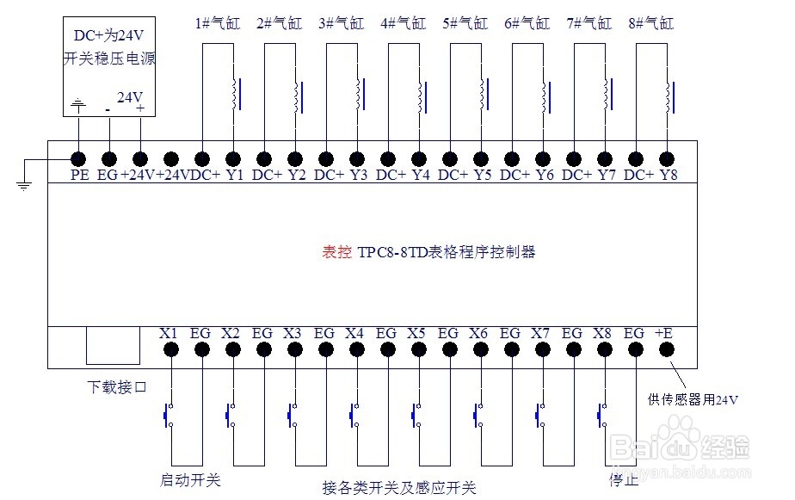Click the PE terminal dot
tap(78, 158)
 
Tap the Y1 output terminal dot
tap(233, 158)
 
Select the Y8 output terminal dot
tap(667, 158)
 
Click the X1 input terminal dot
tap(171, 349)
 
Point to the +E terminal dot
tap(667, 349)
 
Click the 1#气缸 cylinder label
tap(218, 23)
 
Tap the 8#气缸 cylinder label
tap(651, 23)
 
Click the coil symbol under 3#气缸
tap(358, 95)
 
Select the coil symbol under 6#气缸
tap(544, 95)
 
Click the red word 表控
tap(336, 252)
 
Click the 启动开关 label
tap(190, 479)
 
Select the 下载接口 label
tap(118, 387)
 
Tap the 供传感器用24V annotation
tap(693, 399)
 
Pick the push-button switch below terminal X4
tap(353, 416)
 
